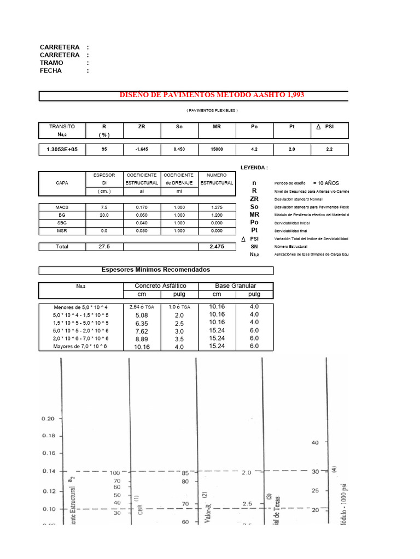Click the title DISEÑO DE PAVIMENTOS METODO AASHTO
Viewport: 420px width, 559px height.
click(212, 96)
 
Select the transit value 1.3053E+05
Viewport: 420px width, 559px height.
click(62, 149)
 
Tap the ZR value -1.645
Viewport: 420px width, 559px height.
click(142, 149)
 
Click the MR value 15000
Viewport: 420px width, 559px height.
click(217, 149)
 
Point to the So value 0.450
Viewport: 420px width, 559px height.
click(179, 149)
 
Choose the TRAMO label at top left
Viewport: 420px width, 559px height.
click(51, 63)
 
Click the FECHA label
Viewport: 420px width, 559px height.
click(51, 70)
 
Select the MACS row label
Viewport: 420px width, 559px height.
click(62, 207)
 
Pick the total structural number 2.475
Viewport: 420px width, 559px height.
click(217, 247)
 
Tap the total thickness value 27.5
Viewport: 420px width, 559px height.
click(104, 247)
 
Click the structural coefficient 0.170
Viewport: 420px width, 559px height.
click(142, 207)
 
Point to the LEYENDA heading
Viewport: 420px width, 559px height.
click(254, 168)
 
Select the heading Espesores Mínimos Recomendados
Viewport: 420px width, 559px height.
click(156, 270)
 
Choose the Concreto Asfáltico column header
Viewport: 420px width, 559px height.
click(160, 286)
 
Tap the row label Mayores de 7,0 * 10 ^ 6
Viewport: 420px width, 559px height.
click(80, 346)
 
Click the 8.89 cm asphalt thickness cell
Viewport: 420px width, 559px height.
click(142, 338)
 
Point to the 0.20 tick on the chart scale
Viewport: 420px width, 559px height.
click(48, 419)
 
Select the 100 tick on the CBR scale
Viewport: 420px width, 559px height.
click(115, 473)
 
